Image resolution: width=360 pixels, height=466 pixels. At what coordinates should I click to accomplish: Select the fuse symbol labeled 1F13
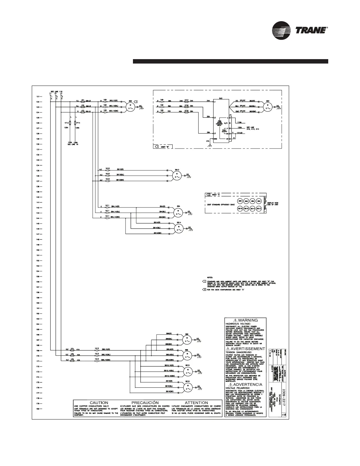69,122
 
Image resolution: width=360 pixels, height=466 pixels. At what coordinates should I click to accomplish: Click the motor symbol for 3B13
177,176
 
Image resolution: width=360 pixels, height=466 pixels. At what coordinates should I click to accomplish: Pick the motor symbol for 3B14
178,229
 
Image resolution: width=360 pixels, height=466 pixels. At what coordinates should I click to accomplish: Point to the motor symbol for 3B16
186,387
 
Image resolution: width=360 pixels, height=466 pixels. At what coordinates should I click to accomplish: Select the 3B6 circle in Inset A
240,201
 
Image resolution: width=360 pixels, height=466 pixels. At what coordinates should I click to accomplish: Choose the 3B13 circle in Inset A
259,209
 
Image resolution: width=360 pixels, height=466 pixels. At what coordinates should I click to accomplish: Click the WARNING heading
246,320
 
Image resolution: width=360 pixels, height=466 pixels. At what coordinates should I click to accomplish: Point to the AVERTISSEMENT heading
246,349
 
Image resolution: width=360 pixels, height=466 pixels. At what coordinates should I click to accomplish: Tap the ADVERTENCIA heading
246,385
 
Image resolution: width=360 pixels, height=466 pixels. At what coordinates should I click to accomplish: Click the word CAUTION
99,402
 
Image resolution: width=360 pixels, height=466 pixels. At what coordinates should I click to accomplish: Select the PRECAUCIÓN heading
145,402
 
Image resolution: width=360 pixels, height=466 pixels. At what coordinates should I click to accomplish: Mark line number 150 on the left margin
38,250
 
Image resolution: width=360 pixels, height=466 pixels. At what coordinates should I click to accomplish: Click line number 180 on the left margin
38,409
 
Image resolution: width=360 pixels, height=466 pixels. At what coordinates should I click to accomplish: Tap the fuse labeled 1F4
72,350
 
